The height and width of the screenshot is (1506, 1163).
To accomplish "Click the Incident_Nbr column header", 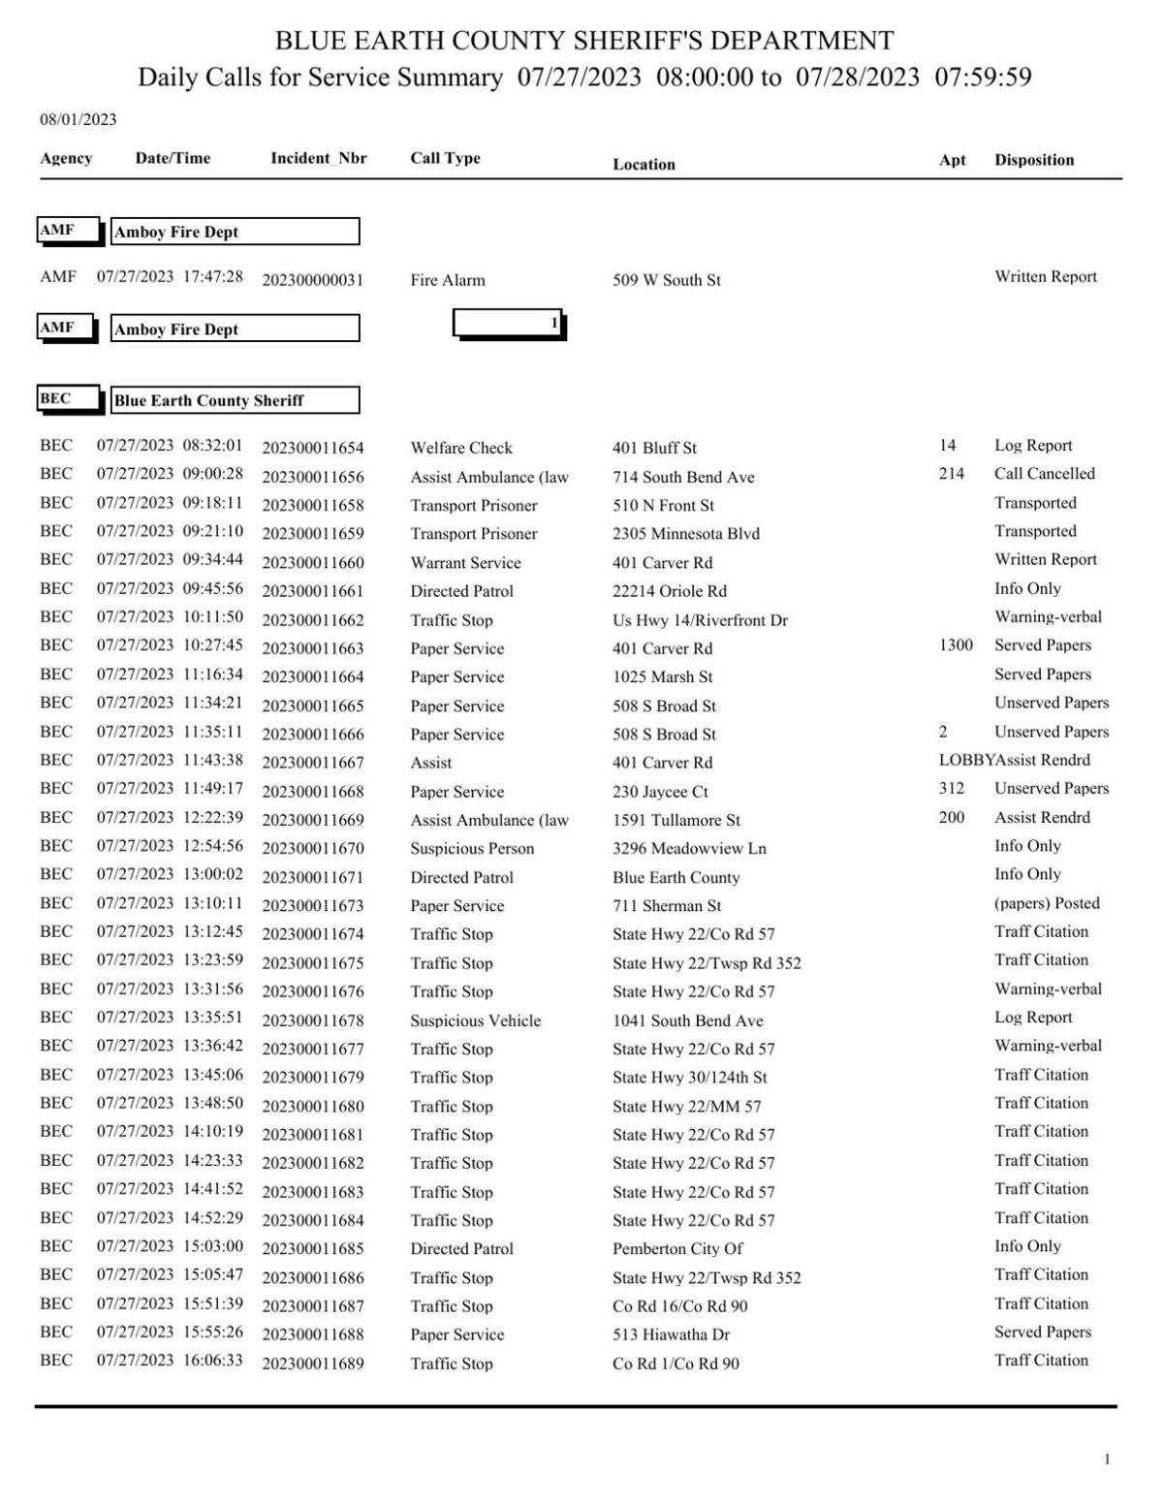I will [318, 159].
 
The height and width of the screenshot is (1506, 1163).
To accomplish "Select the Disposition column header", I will [1033, 161].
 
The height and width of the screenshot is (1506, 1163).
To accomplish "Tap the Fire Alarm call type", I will [447, 280].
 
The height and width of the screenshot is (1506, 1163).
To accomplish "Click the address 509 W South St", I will [666, 280].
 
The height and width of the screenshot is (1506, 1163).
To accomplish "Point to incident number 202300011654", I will [312, 448].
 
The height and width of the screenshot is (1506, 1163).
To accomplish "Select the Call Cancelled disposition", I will [1044, 474].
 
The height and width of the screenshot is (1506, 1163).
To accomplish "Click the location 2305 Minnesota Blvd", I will [685, 534].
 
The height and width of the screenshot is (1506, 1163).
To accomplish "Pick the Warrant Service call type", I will [465, 563].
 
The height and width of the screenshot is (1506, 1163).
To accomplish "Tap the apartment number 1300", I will [955, 645].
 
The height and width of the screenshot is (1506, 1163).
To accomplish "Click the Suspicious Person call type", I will [472, 849].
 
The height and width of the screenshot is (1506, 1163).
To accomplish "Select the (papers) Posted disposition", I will [1047, 903].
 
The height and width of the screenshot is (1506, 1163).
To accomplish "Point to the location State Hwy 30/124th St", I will [689, 1078].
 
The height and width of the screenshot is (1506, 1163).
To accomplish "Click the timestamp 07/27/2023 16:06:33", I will [170, 1361].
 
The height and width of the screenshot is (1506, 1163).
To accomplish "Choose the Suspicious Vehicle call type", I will [475, 1020].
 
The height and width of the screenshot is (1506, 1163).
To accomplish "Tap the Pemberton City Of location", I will [677, 1249].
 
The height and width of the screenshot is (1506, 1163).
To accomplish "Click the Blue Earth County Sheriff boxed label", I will [235, 400].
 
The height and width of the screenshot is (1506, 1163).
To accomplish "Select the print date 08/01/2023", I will [78, 120].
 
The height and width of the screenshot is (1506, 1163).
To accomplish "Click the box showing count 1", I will [509, 324].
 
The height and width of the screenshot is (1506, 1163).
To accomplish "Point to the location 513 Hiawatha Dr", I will [671, 1334].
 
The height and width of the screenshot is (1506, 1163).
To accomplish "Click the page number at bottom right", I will [1107, 1459].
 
